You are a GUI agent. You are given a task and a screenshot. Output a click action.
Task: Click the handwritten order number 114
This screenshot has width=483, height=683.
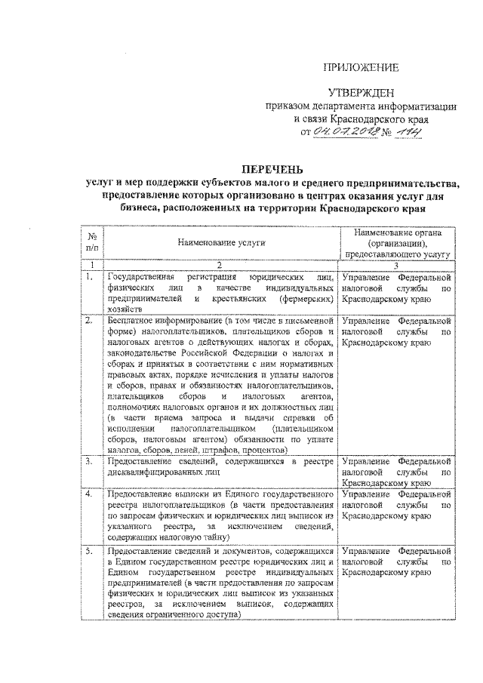[408, 133]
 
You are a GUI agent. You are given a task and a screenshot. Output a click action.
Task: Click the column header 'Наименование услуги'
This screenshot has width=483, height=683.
[222, 244]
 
